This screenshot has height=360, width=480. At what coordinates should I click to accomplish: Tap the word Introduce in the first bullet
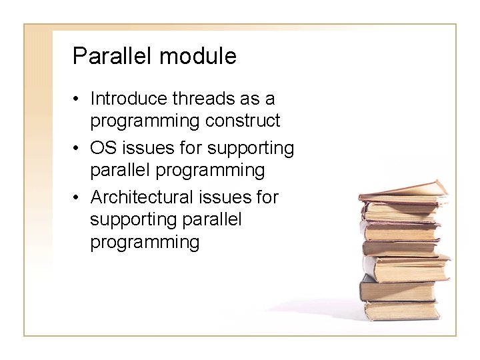(x=129, y=99)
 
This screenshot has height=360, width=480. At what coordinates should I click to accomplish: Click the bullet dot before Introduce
(x=78, y=99)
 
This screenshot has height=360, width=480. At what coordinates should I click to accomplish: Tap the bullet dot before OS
(x=78, y=148)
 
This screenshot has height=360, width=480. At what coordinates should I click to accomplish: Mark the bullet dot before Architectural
(x=78, y=197)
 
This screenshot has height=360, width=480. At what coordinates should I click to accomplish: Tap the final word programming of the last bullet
(x=145, y=242)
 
